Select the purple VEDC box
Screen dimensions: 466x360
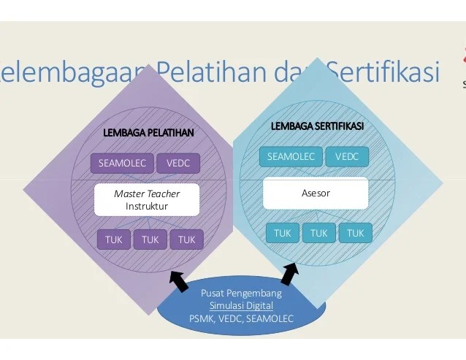(x=178, y=163)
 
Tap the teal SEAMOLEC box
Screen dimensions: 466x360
(x=291, y=156)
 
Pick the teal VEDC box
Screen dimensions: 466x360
(x=348, y=156)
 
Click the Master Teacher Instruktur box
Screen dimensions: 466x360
(x=147, y=200)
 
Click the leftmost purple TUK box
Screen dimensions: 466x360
(x=114, y=239)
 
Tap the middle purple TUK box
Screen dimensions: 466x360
(x=150, y=239)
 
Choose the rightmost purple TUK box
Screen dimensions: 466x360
(x=186, y=239)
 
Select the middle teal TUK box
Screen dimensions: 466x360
(x=318, y=233)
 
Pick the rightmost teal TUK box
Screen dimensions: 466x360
(x=356, y=233)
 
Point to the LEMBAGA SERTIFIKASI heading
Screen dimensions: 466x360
(x=318, y=126)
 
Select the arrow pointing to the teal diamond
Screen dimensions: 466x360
(x=290, y=274)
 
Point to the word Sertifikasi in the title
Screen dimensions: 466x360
(x=383, y=72)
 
